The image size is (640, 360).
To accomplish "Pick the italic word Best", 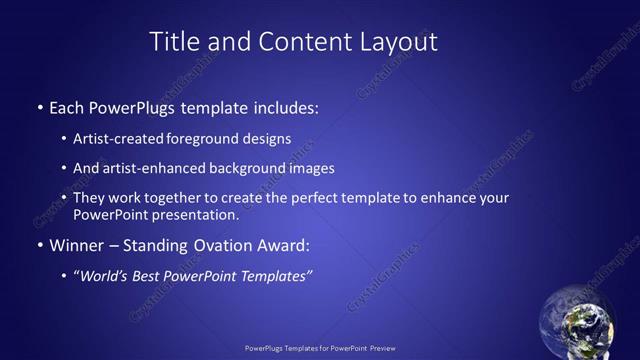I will point(156,275).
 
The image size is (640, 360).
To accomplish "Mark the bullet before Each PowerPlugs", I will point(39,106).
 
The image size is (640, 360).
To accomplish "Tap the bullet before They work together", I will point(65,198).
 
